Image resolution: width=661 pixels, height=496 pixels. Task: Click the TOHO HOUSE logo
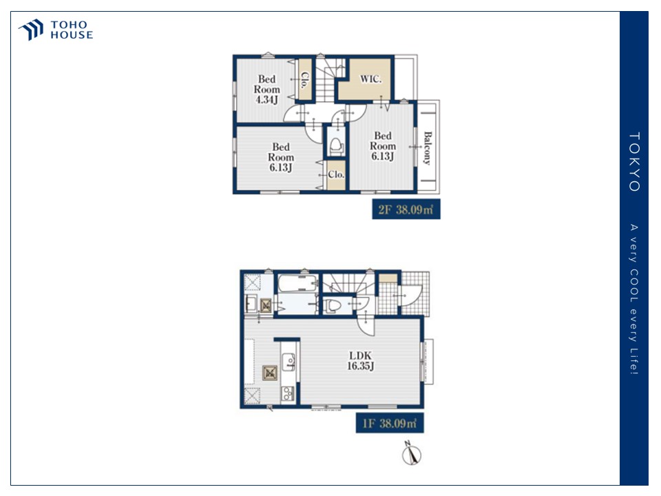pyautogui.click(x=55, y=30)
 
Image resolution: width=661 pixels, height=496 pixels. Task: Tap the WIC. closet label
pyautogui.click(x=370, y=79)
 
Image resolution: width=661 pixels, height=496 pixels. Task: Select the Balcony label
pyautogui.click(x=428, y=148)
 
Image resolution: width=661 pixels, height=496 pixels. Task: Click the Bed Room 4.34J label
pyautogui.click(x=267, y=90)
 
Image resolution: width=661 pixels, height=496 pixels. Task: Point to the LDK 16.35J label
pyautogui.click(x=360, y=360)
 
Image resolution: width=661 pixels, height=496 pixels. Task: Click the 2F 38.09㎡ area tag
pyautogui.click(x=406, y=209)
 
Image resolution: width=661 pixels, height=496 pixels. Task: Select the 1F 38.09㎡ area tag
pyautogui.click(x=390, y=423)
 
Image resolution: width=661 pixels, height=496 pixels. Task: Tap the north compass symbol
pyautogui.click(x=411, y=453)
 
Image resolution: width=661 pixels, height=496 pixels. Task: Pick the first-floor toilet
pyautogui.click(x=333, y=305)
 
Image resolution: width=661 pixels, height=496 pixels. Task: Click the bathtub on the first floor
pyautogui.click(x=298, y=283)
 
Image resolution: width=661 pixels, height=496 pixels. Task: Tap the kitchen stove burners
pyautogui.click(x=288, y=393)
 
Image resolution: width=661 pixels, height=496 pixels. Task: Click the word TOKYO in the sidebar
pyautogui.click(x=634, y=161)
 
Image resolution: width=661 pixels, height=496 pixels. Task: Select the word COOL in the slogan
pyautogui.click(x=634, y=283)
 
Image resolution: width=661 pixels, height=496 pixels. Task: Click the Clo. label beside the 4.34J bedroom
pyautogui.click(x=305, y=80)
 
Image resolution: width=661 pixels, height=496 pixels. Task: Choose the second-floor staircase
pyautogui.click(x=327, y=80)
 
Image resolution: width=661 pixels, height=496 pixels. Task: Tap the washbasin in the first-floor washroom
pyautogui.click(x=251, y=303)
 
